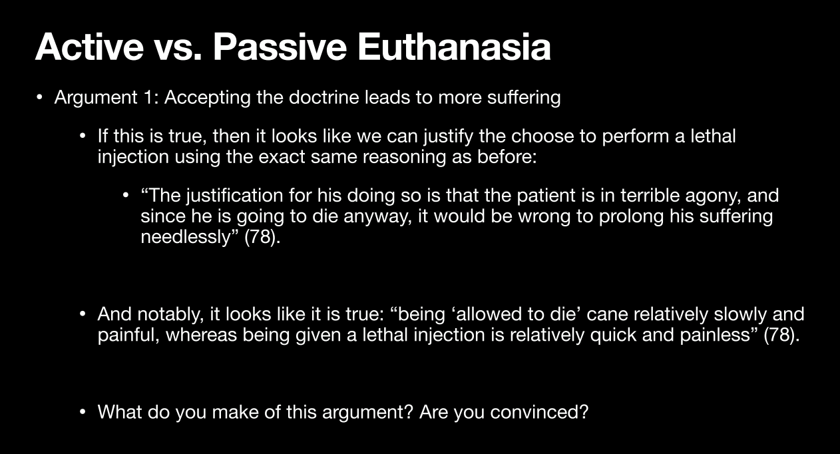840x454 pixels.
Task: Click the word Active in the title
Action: point(89,47)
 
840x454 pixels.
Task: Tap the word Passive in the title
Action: point(280,47)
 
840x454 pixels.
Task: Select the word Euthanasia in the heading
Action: point(455,47)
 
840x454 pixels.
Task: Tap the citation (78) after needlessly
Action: point(262,237)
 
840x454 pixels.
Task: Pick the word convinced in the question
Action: point(539,412)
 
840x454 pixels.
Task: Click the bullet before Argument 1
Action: point(39,97)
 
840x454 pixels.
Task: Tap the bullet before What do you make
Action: point(83,412)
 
